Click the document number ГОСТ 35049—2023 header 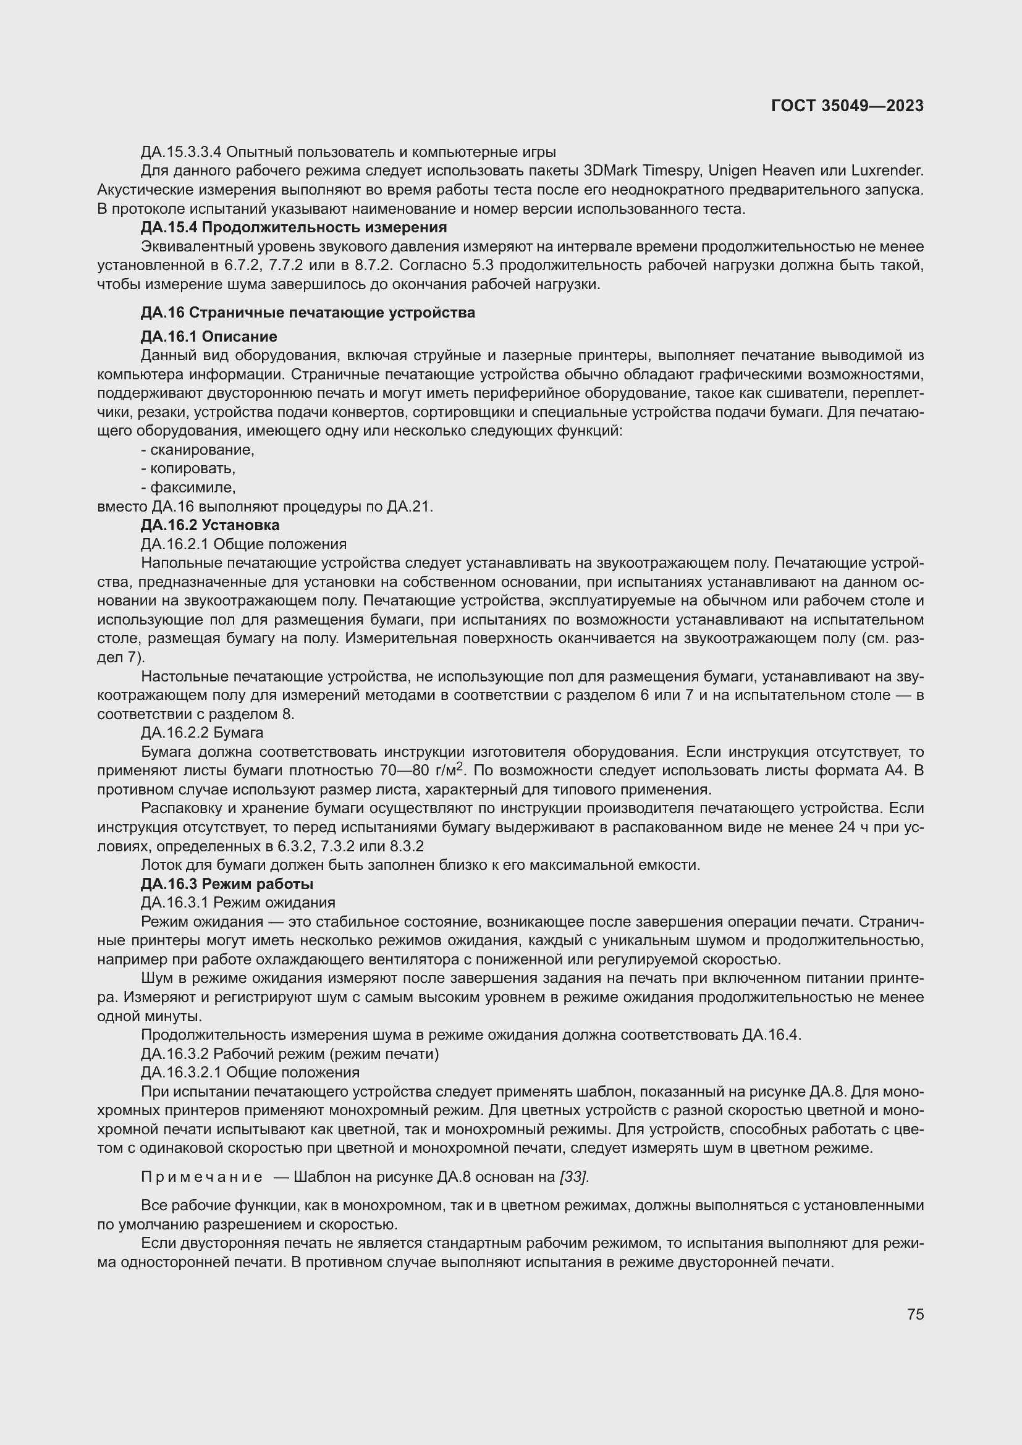pyautogui.click(x=847, y=106)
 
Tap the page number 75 pyautogui.click(x=915, y=1314)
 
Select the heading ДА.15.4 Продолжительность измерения pyautogui.click(x=294, y=227)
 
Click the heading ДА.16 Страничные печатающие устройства pyautogui.click(x=308, y=313)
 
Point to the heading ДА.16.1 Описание pyautogui.click(x=208, y=337)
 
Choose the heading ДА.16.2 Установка pyautogui.click(x=209, y=525)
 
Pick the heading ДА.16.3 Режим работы pyautogui.click(x=227, y=883)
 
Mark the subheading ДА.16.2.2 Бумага pyautogui.click(x=202, y=733)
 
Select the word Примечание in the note pyautogui.click(x=201, y=1177)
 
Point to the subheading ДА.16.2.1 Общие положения pyautogui.click(x=243, y=544)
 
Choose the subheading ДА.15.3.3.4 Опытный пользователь pyautogui.click(x=348, y=152)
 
